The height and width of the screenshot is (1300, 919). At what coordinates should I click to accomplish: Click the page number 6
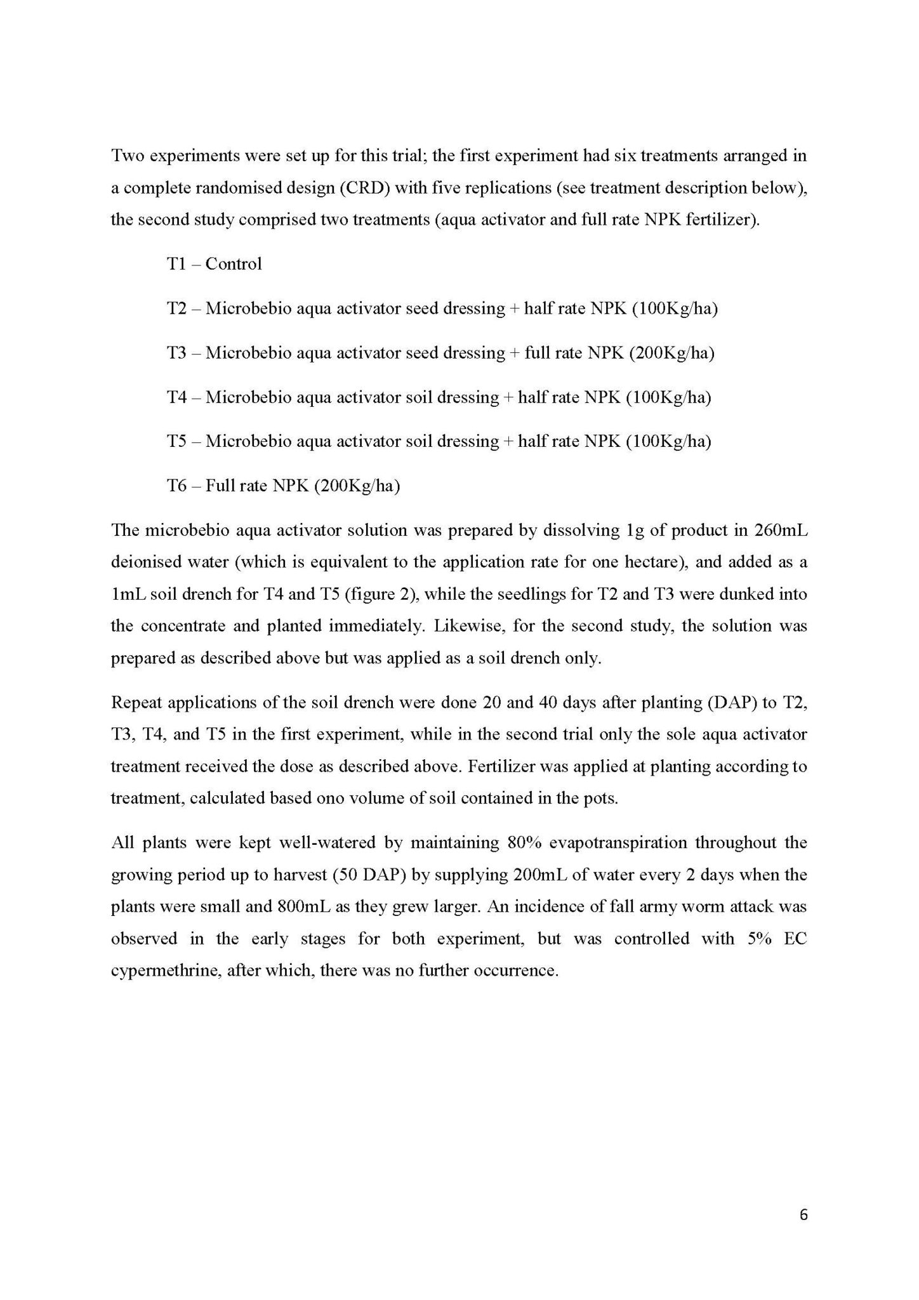coord(803,1215)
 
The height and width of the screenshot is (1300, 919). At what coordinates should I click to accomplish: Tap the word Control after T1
coord(234,263)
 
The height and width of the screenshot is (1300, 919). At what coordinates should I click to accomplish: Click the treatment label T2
coord(176,308)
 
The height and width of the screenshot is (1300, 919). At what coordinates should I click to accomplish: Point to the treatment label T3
coord(176,353)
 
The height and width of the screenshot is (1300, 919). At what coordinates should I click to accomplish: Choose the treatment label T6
coord(176,486)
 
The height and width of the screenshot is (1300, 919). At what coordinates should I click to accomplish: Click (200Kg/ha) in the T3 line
coord(671,353)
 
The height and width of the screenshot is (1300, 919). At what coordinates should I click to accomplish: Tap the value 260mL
coord(782,531)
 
